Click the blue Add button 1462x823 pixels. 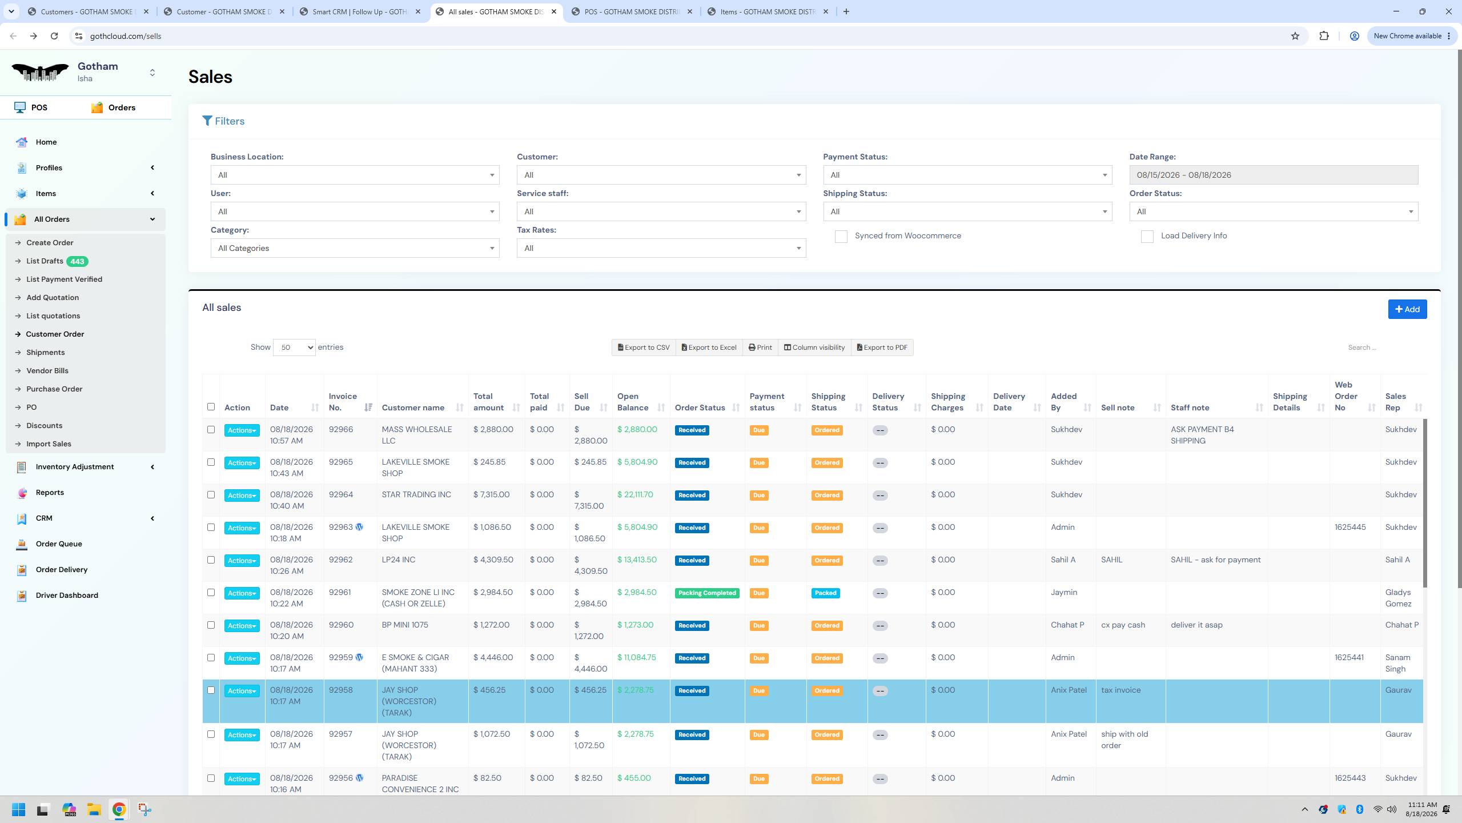point(1407,309)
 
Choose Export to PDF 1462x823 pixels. point(882,347)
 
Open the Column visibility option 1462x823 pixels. point(814,347)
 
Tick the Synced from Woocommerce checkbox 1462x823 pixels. point(841,237)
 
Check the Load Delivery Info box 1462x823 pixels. point(1147,237)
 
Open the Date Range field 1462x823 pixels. point(1274,175)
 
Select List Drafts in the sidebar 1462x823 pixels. point(45,261)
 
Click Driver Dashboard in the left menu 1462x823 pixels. point(67,596)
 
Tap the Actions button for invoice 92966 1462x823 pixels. point(242,430)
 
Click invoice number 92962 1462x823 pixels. point(340,560)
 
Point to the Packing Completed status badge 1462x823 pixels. point(707,593)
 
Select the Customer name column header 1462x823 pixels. point(413,407)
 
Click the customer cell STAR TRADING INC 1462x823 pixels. point(416,495)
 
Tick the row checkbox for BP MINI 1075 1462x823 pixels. point(211,625)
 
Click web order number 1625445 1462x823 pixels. point(1350,528)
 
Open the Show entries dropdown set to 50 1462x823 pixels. point(294,347)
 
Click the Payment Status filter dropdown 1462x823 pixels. point(967,175)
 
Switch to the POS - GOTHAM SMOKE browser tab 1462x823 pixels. point(632,11)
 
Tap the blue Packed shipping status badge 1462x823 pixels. point(826,593)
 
